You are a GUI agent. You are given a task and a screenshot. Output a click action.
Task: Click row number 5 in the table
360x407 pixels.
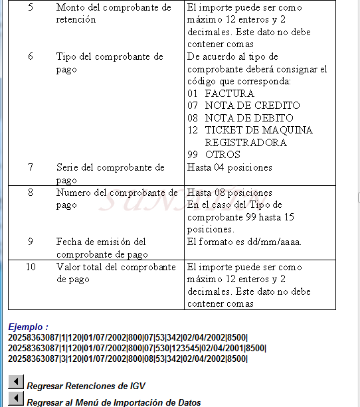pyautogui.click(x=31, y=7)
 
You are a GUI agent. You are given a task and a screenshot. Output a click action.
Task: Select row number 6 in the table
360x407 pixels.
pyautogui.click(x=31, y=56)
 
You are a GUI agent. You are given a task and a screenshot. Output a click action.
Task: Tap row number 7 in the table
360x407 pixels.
pyautogui.click(x=31, y=167)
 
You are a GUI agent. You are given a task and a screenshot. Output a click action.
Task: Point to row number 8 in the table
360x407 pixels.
pyautogui.click(x=31, y=193)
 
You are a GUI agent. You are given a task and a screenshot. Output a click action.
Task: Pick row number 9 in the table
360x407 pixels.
pyautogui.click(x=31, y=242)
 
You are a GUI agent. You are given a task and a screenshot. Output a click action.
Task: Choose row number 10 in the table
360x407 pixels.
pyautogui.click(x=31, y=267)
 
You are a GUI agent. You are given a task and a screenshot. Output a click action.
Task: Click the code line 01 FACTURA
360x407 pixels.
pyautogui.click(x=221, y=94)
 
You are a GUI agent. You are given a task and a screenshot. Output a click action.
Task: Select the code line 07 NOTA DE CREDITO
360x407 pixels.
pyautogui.click(x=243, y=106)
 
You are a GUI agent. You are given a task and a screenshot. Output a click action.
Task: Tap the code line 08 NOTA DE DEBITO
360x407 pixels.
pyautogui.click(x=240, y=118)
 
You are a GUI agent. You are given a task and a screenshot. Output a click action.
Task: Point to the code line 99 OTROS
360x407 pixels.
pyautogui.click(x=213, y=155)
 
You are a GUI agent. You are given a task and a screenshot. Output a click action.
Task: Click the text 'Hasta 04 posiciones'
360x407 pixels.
pyautogui.click(x=230, y=167)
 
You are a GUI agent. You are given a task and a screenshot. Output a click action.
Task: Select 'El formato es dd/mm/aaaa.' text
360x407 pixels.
pyautogui.click(x=244, y=242)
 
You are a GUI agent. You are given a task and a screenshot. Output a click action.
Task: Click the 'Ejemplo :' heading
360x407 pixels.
pyautogui.click(x=28, y=327)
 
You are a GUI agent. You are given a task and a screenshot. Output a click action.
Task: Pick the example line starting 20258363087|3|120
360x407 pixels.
pyautogui.click(x=128, y=359)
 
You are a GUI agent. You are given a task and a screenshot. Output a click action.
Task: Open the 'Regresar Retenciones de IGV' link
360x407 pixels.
pyautogui.click(x=86, y=386)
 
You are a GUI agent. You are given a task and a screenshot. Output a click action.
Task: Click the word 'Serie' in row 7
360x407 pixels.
pyautogui.click(x=68, y=167)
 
